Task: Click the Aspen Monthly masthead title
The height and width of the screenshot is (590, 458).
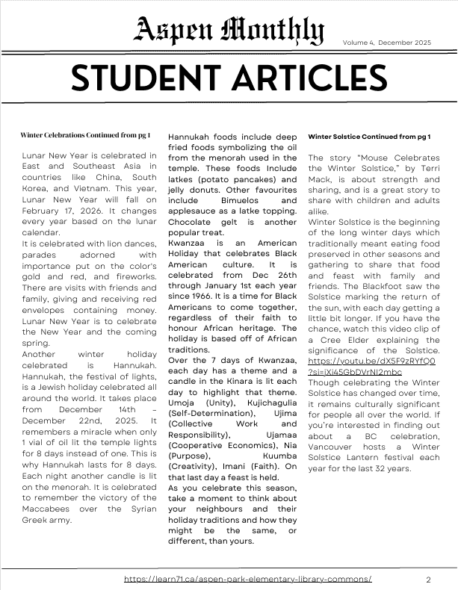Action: coord(229,31)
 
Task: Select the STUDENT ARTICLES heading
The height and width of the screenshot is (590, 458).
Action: coord(229,79)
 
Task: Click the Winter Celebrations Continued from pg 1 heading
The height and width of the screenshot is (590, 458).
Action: coord(85,135)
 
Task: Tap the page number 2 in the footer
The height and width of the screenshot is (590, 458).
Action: coord(429,580)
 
